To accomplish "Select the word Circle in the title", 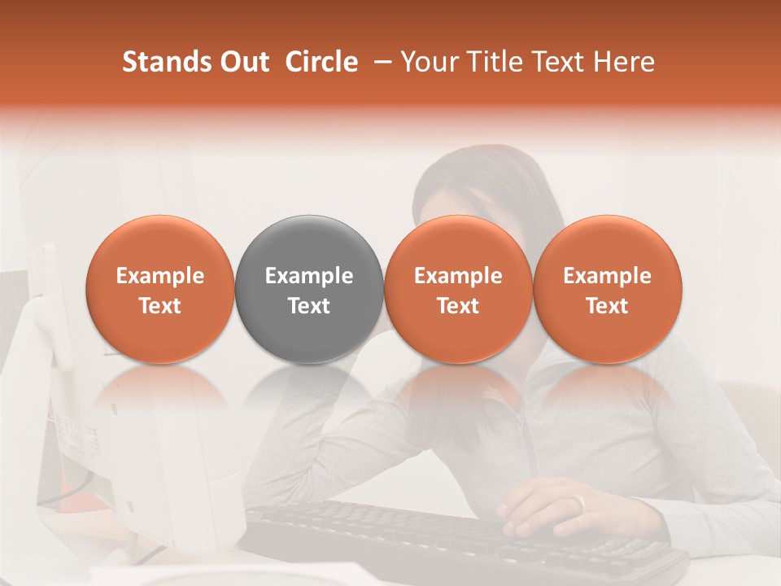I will coord(321,62).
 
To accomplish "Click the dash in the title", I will coord(382,62).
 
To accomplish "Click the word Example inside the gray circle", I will coord(309,276).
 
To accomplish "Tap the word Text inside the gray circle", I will coord(309,306).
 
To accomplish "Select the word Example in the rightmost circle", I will coord(607,276).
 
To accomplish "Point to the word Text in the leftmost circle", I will coord(159,306).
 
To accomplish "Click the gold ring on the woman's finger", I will coord(578,504).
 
